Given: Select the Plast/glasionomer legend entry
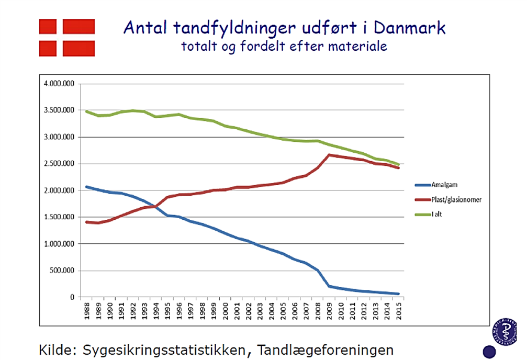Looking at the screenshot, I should [x=455, y=199].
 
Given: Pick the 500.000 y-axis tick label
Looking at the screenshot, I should [x=63, y=271].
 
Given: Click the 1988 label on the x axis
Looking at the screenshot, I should [x=87, y=309].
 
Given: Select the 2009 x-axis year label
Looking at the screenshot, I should [x=330, y=309].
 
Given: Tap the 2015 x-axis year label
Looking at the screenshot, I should [x=399, y=309].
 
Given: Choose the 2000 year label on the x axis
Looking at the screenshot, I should [x=226, y=309].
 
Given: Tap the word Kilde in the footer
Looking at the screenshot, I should [x=59, y=349].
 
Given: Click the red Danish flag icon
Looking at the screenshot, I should [x=67, y=37].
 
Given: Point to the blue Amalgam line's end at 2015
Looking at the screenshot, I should [x=399, y=294].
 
